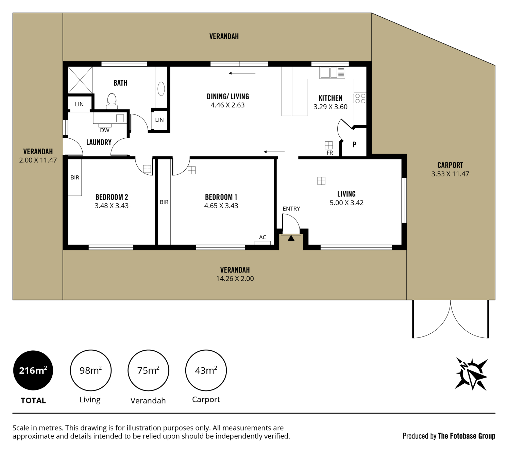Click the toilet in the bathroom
tap(112, 101)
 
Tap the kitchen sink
tap(332, 73)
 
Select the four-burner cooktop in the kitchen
tap(360, 99)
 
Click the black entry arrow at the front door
tap(291, 238)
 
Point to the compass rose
tap(471, 374)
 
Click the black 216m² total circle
tap(33, 370)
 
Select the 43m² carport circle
tap(206, 370)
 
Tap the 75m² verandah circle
tap(148, 370)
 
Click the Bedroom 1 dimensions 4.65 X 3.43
tap(221, 206)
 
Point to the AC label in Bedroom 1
tap(263, 237)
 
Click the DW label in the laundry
tap(105, 130)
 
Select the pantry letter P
tap(354, 144)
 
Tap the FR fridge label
tap(330, 153)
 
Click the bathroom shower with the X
tap(80, 80)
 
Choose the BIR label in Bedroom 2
tap(75, 177)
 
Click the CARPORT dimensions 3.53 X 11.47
tap(450, 174)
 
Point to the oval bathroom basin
tap(161, 89)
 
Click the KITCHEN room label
tap(331, 98)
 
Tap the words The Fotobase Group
tap(467, 436)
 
